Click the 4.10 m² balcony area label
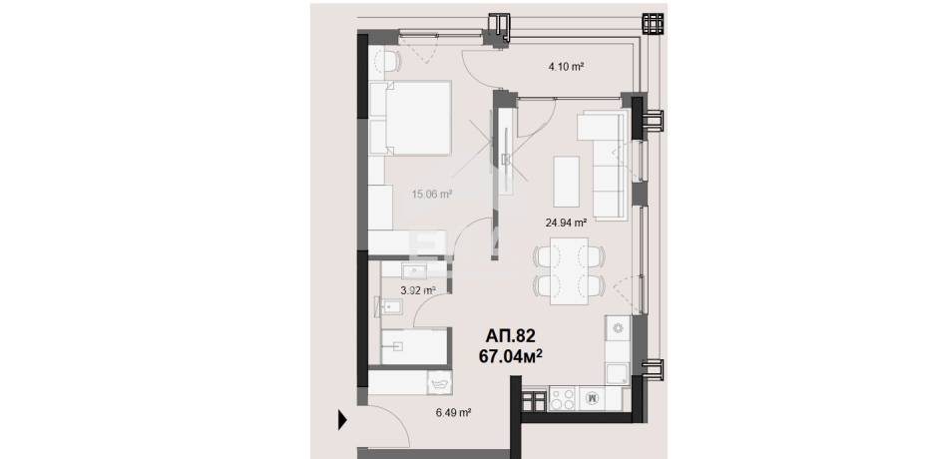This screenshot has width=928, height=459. pyautogui.click(x=567, y=67)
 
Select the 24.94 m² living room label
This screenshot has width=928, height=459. pyautogui.click(x=566, y=223)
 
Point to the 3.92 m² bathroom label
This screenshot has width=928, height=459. pyautogui.click(x=418, y=290)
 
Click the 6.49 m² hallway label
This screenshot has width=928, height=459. pyautogui.click(x=453, y=413)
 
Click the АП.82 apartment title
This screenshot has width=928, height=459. pyautogui.click(x=510, y=336)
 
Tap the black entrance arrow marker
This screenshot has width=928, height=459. pyautogui.click(x=342, y=420)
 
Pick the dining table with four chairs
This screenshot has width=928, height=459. pyautogui.click(x=569, y=270)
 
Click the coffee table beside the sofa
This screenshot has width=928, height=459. pyautogui.click(x=567, y=181)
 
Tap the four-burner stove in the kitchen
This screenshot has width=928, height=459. pyautogui.click(x=562, y=397)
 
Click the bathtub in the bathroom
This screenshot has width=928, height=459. pyautogui.click(x=414, y=346)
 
